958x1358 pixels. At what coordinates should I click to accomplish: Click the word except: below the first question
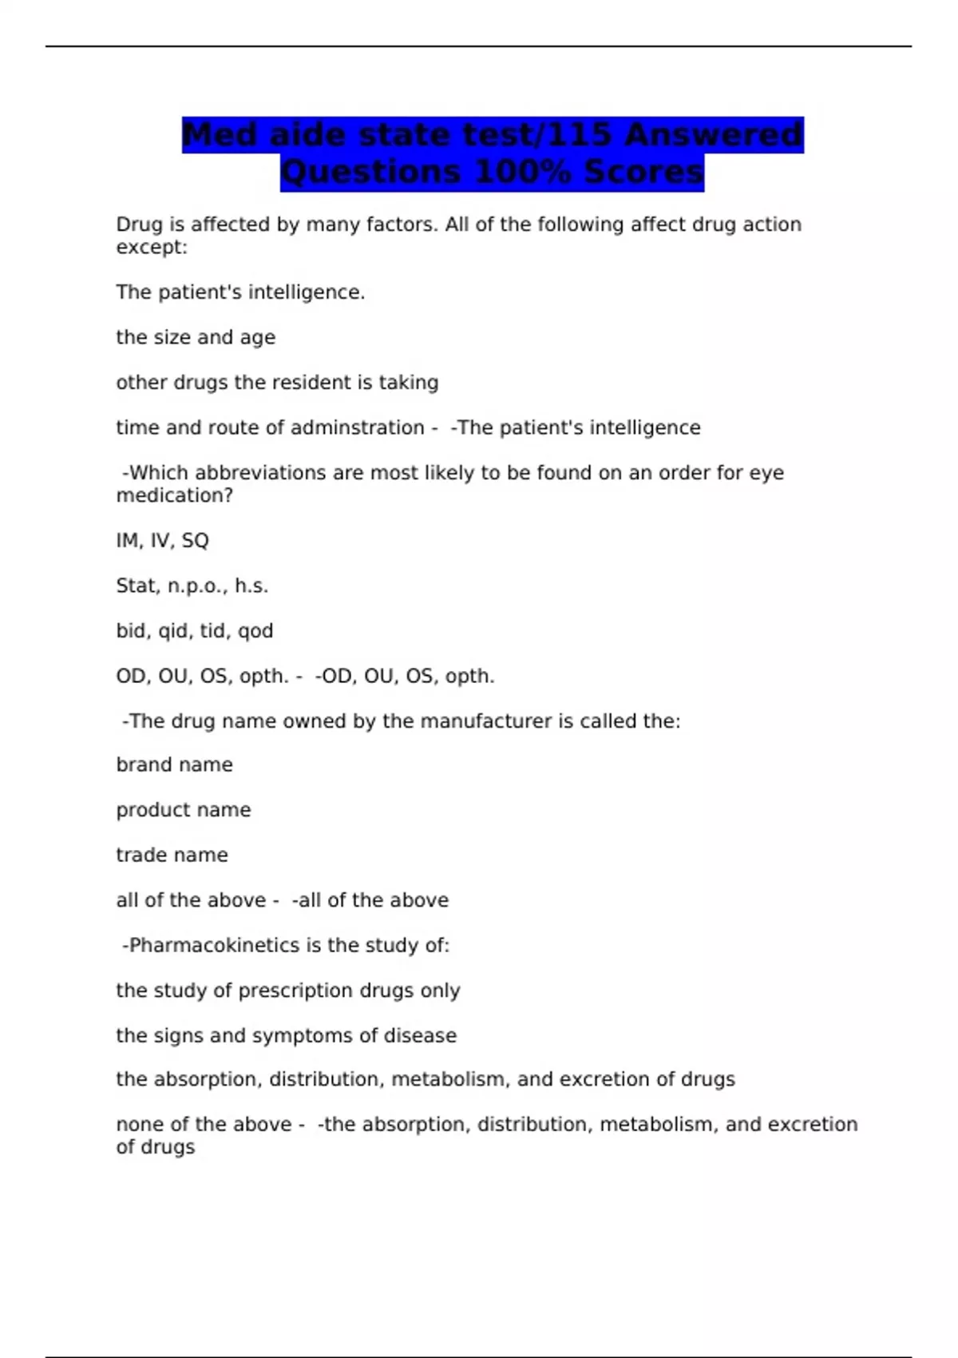point(152,248)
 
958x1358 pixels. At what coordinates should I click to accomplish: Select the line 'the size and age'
point(196,337)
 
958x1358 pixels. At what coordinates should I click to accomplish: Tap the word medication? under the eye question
point(175,495)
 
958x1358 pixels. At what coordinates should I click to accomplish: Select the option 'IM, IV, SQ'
point(162,541)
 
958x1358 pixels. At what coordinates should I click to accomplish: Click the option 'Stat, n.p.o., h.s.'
point(192,586)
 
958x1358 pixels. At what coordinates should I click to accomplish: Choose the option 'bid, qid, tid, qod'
point(195,631)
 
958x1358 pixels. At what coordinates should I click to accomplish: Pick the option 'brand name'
point(174,764)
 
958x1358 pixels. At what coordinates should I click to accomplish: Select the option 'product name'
point(183,810)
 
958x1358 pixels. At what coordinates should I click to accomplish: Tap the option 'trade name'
point(172,855)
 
